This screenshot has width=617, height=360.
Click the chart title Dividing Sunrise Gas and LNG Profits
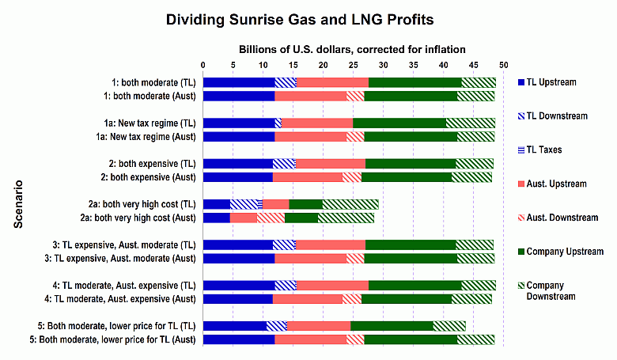pos(307,17)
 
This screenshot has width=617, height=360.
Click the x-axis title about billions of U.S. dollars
pos(352,48)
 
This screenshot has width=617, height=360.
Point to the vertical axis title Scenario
pos(17,203)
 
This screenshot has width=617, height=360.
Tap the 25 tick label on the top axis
pos(353,64)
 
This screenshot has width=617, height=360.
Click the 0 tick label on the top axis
pos(203,64)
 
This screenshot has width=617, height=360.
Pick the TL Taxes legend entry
pos(551,150)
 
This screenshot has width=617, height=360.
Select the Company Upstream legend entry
pos(564,252)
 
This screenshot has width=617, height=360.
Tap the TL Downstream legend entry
pos(557,116)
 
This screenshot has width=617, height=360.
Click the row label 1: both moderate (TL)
pos(154,82)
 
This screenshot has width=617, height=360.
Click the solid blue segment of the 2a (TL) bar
pos(217,204)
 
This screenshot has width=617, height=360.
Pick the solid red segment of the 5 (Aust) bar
pos(310,339)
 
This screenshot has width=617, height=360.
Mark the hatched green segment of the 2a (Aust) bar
pos(346,218)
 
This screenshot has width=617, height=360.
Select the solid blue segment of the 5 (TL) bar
pos(235,325)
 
